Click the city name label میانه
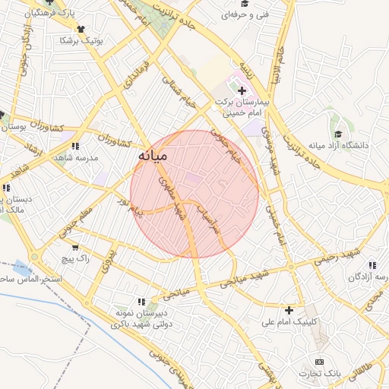152,156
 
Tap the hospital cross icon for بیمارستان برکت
242,91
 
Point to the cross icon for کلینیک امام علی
289,310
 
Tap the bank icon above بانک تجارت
319,362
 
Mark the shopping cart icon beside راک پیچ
74,247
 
